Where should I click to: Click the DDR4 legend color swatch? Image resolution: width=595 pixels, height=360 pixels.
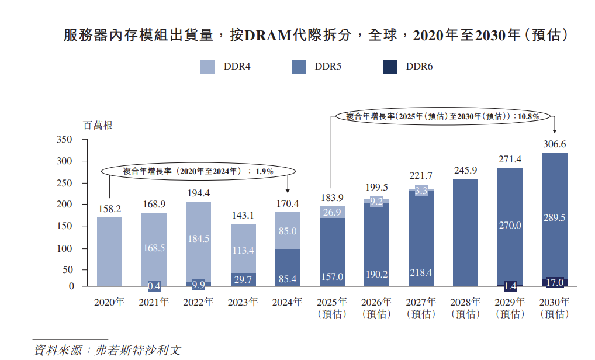tap(208, 67)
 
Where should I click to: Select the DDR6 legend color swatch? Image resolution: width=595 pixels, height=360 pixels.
tap(390, 67)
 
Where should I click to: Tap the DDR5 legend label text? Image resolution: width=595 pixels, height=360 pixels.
tap(328, 67)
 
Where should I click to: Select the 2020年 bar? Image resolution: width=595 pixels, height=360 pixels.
tap(109, 251)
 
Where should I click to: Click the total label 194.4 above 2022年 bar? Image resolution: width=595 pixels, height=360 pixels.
tap(198, 193)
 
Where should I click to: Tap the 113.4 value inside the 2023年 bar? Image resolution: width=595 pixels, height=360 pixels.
tap(243, 251)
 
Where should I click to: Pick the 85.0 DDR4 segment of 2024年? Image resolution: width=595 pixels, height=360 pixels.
tap(288, 231)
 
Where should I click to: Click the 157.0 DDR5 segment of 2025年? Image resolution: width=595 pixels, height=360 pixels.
tap(332, 251)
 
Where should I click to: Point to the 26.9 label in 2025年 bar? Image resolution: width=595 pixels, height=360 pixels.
tap(332, 212)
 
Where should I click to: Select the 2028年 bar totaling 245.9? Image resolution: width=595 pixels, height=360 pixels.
tap(465, 233)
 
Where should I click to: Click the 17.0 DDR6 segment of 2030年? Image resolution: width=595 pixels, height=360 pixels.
tap(555, 282)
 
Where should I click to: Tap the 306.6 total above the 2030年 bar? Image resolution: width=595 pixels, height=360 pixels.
tap(555, 144)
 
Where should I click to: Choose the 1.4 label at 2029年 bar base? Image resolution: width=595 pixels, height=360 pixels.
tap(510, 286)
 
